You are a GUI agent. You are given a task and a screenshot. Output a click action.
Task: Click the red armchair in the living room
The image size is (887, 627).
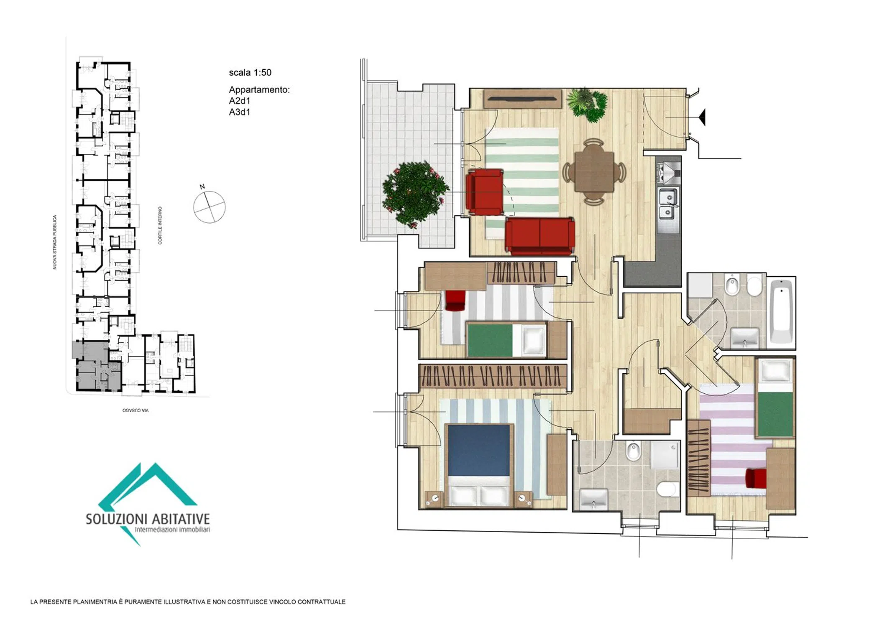click(x=484, y=192)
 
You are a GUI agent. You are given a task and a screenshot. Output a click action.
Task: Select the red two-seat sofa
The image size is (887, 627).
click(x=540, y=236)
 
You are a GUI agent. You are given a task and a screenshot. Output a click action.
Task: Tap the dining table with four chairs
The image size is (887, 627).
click(x=594, y=172)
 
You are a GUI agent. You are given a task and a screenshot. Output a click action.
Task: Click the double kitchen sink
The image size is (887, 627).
click(x=668, y=204)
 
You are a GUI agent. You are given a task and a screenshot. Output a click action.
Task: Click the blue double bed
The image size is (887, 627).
click(x=479, y=465)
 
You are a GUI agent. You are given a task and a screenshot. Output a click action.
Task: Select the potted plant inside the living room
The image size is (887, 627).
click(x=587, y=104)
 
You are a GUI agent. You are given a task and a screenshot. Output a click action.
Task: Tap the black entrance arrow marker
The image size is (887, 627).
click(x=702, y=117)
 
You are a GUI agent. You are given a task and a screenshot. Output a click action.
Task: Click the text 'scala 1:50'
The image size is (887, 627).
click(x=250, y=73)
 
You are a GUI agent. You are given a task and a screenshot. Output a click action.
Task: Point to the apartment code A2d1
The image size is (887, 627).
click(x=240, y=101)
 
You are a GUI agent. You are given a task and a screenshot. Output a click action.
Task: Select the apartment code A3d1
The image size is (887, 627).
click(x=240, y=112)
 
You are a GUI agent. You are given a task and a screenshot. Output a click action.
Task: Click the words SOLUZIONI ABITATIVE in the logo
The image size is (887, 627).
click(x=148, y=519)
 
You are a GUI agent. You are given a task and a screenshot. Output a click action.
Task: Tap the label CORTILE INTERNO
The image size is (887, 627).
click(x=160, y=225)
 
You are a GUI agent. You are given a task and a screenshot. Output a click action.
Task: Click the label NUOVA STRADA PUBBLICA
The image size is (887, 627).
click(x=54, y=242)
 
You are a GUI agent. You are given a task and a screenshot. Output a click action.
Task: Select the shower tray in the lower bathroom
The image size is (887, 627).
click(x=665, y=454)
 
